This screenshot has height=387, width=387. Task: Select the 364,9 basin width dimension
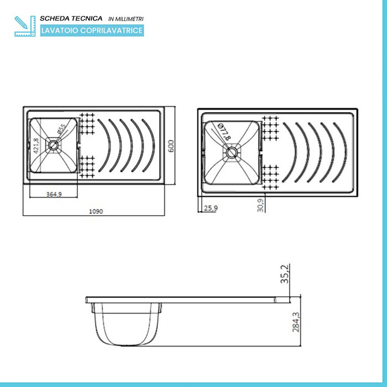click(x=52, y=195)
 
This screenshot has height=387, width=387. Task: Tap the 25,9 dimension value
click(x=210, y=208)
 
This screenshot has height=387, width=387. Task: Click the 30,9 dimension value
click(x=260, y=206)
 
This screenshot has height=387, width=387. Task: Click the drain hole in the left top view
click(x=53, y=145)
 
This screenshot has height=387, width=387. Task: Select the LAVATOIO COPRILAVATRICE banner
click(x=92, y=31)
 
